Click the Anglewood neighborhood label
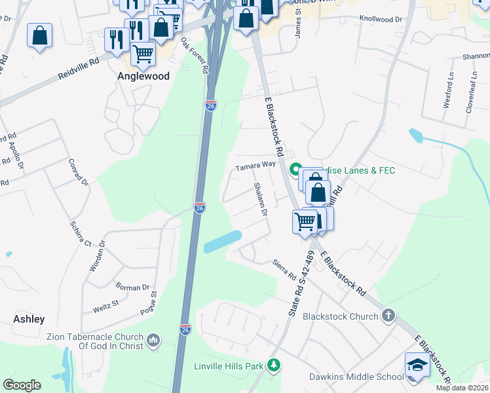coord(143,76)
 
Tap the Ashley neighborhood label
coord(29,319)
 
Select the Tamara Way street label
coord(255,168)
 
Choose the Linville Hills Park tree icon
coord(276,365)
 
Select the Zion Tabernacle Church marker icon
coord(154,339)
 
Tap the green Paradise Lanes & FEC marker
coord(295,170)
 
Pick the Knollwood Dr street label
coord(380,20)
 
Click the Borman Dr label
coord(133,288)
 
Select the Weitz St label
coord(105,303)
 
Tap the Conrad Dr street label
coord(78,172)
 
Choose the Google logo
coord(22,385)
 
